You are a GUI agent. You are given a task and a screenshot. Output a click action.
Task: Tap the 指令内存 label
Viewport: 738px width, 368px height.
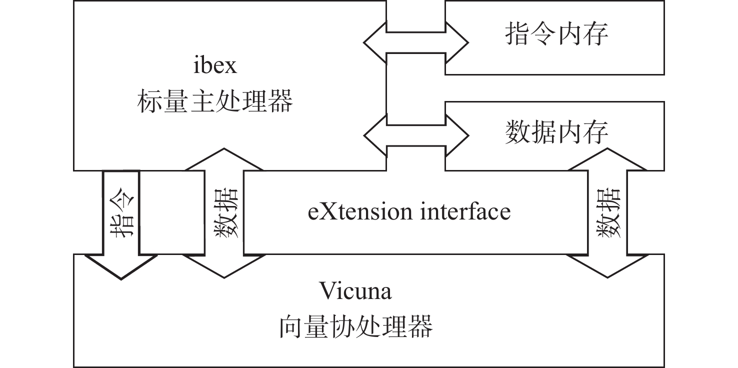tap(556, 35)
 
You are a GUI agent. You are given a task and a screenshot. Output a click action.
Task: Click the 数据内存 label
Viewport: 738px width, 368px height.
tap(556, 133)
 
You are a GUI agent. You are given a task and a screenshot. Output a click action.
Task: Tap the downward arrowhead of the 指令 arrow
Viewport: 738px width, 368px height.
tap(121, 267)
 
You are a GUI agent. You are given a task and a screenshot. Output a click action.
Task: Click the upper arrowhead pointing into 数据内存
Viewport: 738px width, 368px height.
tap(607, 159)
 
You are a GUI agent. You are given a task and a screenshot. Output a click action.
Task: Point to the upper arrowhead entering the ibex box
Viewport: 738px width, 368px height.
tap(223, 159)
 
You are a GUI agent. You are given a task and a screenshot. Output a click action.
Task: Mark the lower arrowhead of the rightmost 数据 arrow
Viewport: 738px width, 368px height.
tap(607, 266)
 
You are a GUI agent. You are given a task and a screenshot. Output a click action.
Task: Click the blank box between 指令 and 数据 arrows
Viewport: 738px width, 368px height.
tap(172, 212)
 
